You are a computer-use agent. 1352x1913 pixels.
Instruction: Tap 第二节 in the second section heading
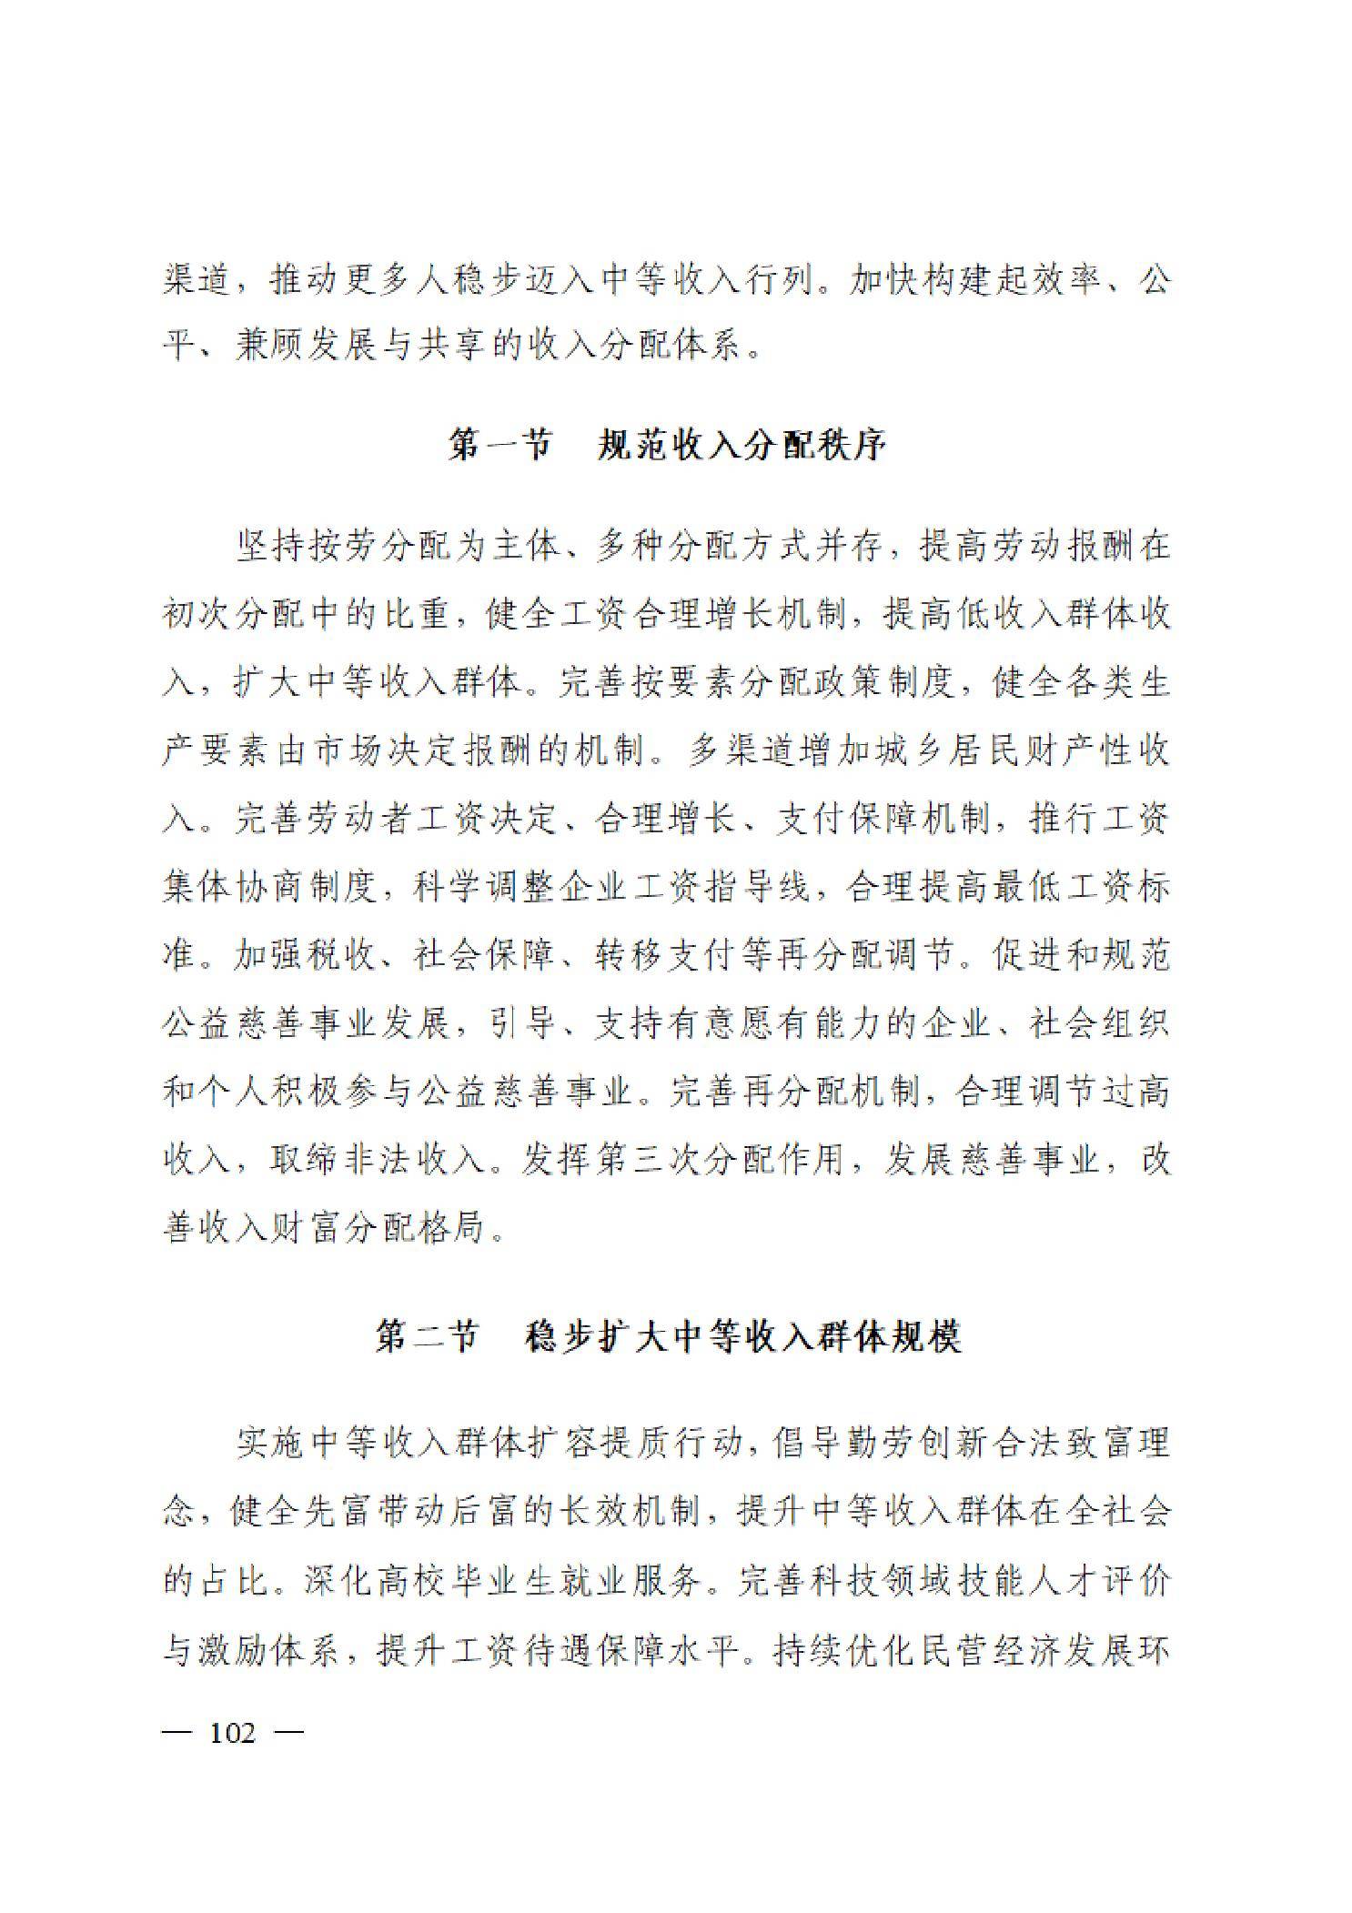click(x=427, y=1338)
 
